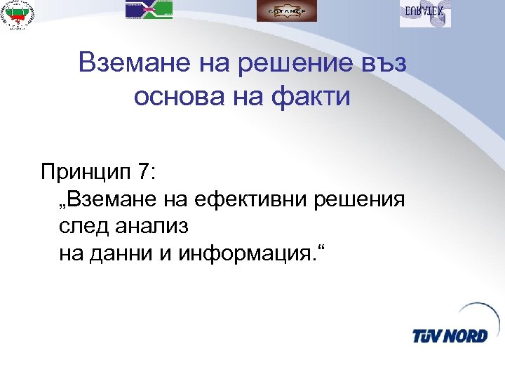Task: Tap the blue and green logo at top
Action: (149, 10)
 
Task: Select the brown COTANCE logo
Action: (287, 11)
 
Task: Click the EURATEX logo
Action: (425, 13)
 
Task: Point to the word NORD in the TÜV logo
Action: (464, 335)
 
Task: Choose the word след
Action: (83, 226)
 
